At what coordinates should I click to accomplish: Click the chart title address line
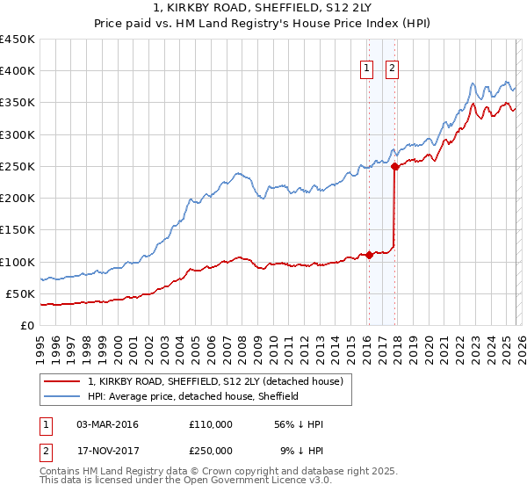263,8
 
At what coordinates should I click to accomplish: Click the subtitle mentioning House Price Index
263,24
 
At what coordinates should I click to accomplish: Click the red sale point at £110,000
369,255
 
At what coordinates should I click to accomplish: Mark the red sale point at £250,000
395,165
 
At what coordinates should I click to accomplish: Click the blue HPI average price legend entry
193,396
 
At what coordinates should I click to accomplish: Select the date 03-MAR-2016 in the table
107,424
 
